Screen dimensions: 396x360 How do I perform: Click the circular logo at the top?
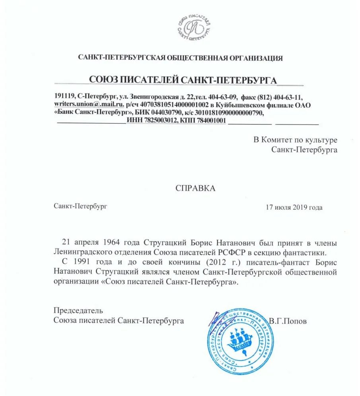click(194, 27)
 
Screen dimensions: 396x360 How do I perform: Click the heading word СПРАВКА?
click(195, 188)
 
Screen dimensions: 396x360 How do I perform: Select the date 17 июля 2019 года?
click(294, 207)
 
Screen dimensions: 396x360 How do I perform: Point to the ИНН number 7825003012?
click(161, 120)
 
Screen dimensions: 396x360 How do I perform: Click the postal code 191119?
click(64, 97)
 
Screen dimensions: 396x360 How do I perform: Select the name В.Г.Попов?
click(288, 321)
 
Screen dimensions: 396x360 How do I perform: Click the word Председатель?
click(78, 310)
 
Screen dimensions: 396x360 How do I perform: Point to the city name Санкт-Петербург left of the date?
click(80, 206)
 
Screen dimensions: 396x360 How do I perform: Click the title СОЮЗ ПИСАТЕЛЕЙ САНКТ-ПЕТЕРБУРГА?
click(183, 80)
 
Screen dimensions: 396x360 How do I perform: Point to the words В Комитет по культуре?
click(296, 140)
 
